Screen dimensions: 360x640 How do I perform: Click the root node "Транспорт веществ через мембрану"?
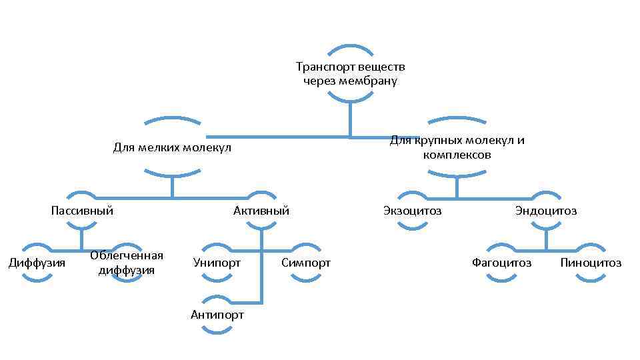coord(350,74)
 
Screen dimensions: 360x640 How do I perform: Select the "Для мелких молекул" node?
coord(172,147)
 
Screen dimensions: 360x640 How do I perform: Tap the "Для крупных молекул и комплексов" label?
coord(457,147)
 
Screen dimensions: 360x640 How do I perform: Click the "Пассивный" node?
coord(81,211)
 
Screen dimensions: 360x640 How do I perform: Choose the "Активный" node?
coord(261,211)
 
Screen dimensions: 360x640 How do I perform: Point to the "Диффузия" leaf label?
coord(36,263)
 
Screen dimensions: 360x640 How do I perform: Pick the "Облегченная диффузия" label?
coord(127,263)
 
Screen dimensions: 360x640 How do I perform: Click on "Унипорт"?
coord(217,263)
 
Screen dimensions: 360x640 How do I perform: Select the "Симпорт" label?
coord(305,263)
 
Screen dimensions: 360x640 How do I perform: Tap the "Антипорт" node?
coord(217,315)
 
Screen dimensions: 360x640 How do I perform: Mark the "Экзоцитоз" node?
coord(412,211)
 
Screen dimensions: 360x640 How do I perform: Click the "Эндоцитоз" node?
coord(546,211)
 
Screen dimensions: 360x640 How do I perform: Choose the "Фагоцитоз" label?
coord(501,263)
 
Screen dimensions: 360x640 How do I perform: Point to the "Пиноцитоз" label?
coord(591,263)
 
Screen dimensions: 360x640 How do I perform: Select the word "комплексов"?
coord(457,155)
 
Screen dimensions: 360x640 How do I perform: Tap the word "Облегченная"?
coord(127,256)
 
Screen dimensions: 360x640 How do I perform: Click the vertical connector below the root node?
coord(350,120)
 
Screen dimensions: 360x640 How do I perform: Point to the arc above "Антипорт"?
coord(217,297)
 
